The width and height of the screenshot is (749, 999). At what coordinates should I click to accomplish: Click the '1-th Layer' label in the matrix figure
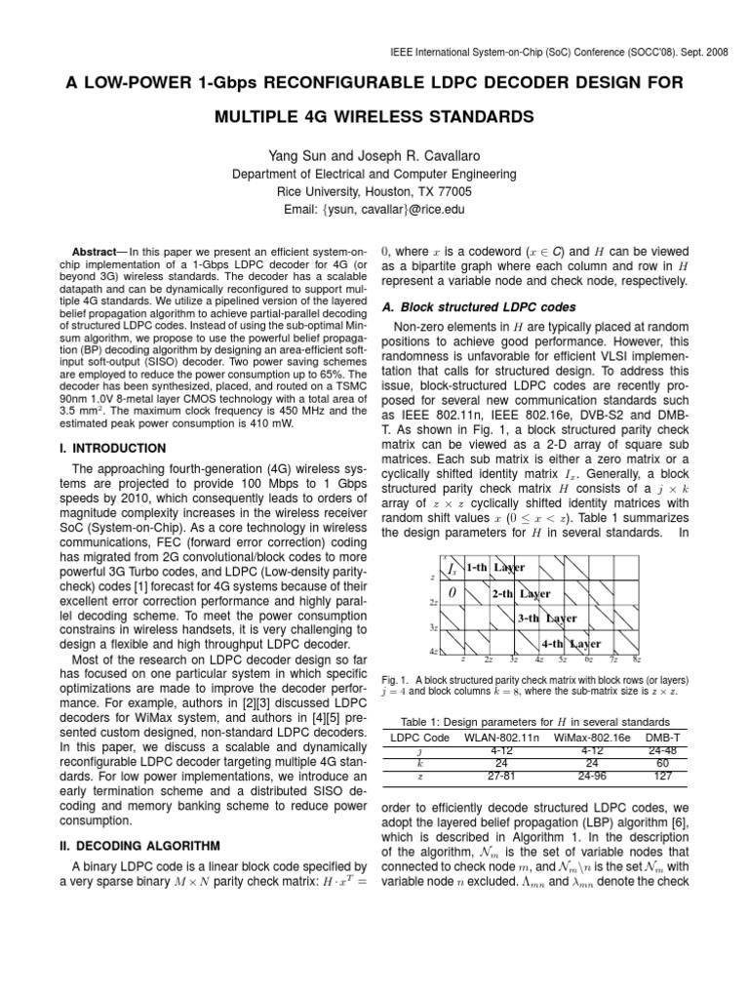(495, 568)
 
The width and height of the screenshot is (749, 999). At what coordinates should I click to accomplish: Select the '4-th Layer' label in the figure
(571, 644)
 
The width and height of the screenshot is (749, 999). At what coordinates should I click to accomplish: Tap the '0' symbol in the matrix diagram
(452, 593)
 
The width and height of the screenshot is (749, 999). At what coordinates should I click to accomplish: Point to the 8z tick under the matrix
(636, 660)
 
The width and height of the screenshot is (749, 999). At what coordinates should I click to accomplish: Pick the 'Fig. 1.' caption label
(393, 679)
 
